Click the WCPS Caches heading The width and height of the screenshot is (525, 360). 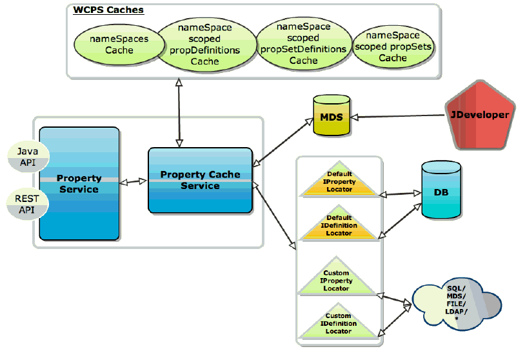108,10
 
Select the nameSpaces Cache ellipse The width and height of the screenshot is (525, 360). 119,45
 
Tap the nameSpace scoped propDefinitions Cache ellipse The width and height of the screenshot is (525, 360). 204,45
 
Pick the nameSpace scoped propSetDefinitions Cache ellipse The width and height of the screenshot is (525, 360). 303,44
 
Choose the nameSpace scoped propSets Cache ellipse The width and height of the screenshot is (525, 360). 393,46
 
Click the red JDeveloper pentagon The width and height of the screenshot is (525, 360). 479,115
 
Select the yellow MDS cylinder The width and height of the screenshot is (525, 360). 331,116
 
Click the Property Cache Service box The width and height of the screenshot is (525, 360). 200,180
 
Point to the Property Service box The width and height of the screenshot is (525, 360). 79,183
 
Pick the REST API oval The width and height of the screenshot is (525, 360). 26,205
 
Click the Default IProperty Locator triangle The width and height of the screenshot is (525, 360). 339,183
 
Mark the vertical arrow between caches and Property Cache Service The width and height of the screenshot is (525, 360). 179,113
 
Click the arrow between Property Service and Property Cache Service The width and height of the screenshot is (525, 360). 134,183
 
